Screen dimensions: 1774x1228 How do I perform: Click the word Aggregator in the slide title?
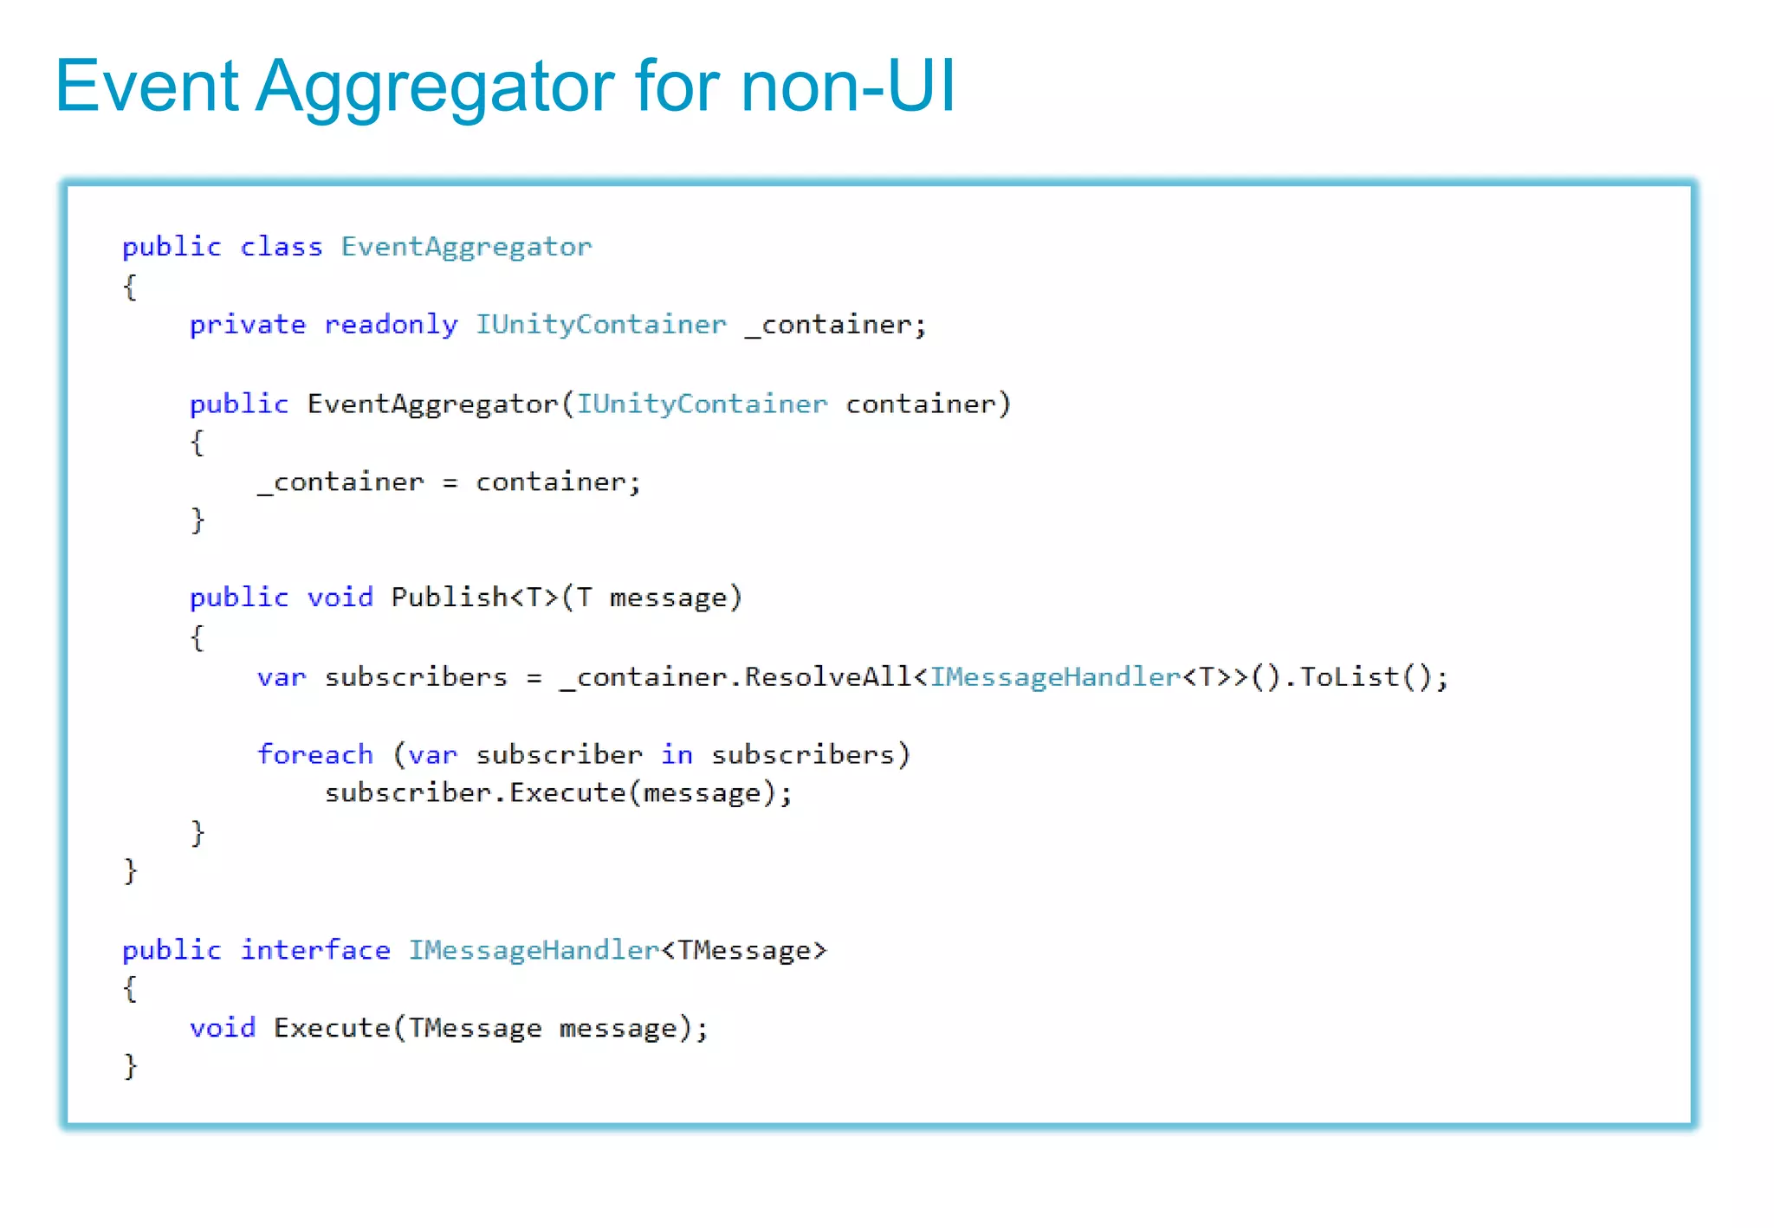click(434, 87)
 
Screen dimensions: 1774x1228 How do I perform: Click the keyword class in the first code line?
click(281, 247)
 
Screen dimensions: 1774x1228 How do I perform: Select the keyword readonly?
click(391, 325)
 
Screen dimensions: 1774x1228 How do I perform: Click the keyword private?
click(248, 325)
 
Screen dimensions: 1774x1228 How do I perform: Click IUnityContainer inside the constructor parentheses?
click(702, 404)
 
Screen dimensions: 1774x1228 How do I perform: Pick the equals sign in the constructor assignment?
click(450, 482)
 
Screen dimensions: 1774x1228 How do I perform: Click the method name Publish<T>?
click(475, 598)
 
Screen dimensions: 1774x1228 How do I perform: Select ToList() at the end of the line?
click(1373, 676)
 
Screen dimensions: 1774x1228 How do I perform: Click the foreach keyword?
click(315, 754)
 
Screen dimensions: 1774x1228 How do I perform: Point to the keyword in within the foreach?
click(677, 754)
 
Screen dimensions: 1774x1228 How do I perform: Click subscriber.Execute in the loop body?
click(476, 793)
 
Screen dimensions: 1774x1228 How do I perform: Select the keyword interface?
click(315, 950)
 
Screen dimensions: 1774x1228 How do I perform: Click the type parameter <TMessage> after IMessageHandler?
click(744, 951)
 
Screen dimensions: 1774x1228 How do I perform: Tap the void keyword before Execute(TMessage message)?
click(223, 1028)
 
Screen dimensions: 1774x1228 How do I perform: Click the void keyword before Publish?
click(340, 598)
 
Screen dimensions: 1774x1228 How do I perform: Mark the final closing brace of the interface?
click(130, 1066)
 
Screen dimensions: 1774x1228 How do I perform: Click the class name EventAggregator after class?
click(466, 248)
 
